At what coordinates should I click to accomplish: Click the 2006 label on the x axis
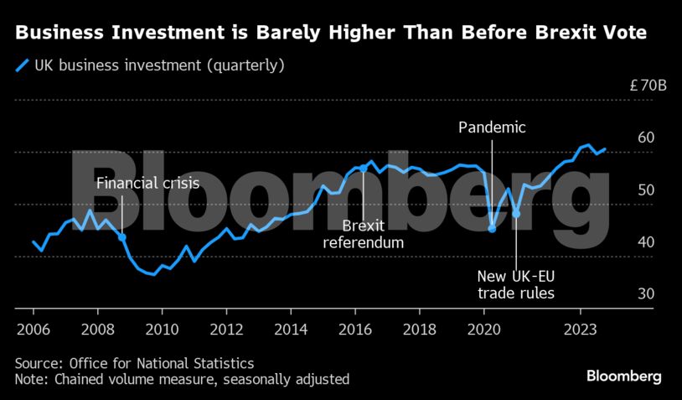click(x=33, y=329)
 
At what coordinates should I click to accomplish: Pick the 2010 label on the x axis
click(x=162, y=329)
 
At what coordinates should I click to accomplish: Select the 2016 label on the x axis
click(x=355, y=329)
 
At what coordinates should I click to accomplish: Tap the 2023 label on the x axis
click(x=581, y=329)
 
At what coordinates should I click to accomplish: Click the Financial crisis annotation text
click(x=147, y=184)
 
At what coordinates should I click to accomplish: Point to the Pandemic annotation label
click(x=493, y=127)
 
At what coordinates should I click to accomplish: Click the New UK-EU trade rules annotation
click(x=516, y=284)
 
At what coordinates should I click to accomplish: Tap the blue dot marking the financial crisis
click(x=122, y=237)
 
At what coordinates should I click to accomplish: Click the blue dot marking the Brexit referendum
click(x=363, y=169)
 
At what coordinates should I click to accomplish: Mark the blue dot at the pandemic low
click(x=492, y=228)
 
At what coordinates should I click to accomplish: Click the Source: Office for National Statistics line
click(x=134, y=364)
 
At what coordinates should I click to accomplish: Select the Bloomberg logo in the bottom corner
click(x=624, y=376)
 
